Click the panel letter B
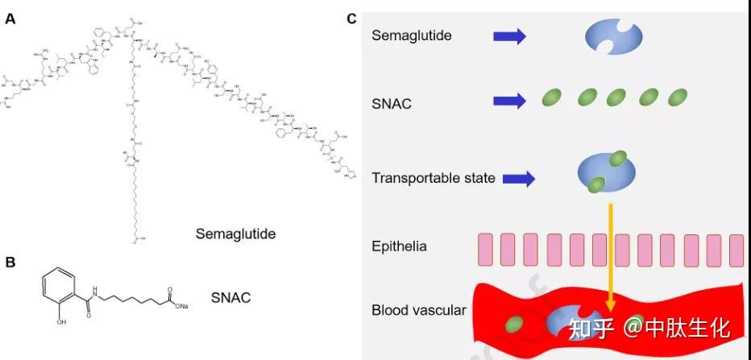10,262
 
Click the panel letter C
351,18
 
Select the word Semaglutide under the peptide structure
235,234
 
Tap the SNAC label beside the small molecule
230,298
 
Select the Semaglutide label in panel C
412,35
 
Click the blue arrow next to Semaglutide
508,36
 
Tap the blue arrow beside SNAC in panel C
508,100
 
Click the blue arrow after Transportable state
519,178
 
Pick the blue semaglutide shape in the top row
613,37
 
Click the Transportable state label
434,178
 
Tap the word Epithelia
400,246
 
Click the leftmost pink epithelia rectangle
484,250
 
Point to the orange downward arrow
611,258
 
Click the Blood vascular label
419,310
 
